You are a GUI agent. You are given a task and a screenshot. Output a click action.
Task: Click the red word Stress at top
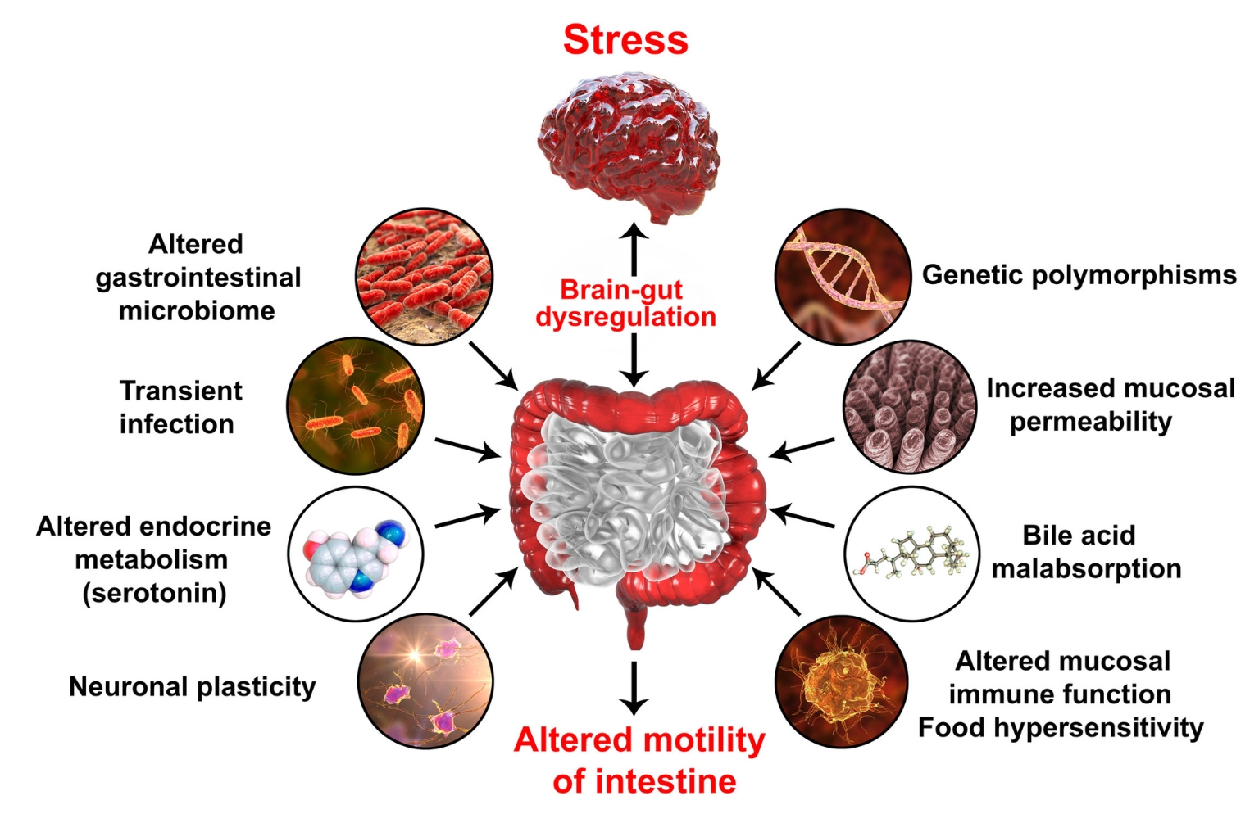click(x=625, y=40)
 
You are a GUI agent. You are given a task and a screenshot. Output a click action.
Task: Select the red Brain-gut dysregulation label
click(x=625, y=303)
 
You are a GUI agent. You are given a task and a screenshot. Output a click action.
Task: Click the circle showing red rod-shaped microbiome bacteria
click(x=425, y=276)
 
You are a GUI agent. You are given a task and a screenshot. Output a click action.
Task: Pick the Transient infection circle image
click(x=356, y=406)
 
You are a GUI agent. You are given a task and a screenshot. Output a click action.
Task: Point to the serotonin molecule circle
click(x=356, y=554)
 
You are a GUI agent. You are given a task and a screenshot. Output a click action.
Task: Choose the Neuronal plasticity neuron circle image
click(x=425, y=681)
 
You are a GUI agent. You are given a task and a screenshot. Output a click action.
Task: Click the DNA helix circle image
click(x=843, y=276)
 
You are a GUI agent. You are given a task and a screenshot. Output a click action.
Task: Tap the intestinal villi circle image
click(x=910, y=406)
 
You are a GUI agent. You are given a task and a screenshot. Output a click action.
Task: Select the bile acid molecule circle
click(x=912, y=554)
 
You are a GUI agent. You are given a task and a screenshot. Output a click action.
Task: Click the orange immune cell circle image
click(x=842, y=681)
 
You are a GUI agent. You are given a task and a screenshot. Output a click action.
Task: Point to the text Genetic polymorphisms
click(x=1079, y=276)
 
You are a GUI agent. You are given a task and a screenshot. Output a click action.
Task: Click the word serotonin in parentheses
click(x=155, y=593)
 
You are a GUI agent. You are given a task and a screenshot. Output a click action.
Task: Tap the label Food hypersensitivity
click(x=1061, y=728)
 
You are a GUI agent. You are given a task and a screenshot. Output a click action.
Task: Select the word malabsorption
click(x=1086, y=569)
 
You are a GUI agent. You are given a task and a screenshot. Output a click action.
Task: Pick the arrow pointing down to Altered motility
click(x=634, y=688)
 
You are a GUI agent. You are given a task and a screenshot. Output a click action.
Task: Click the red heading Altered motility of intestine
click(x=640, y=761)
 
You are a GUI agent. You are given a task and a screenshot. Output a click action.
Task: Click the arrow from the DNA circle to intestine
click(x=775, y=366)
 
